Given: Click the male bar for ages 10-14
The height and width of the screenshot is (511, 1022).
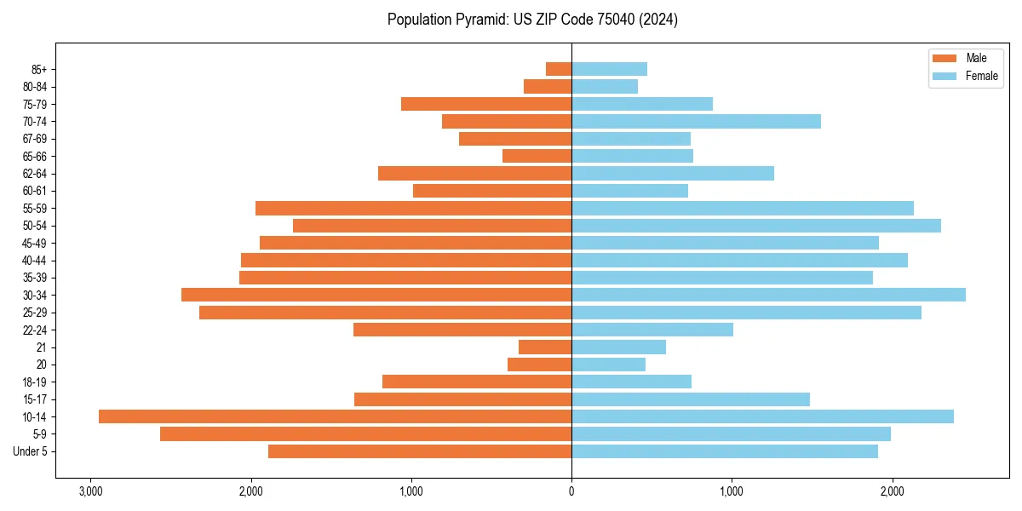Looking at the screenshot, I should point(335,416).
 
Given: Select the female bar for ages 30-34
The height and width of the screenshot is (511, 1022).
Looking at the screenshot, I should point(768,295).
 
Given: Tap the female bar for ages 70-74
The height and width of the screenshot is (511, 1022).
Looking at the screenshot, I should point(696,122).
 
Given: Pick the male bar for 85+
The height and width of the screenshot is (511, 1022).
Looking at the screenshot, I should point(559,69).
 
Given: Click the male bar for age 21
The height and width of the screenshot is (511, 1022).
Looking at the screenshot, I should point(545,347).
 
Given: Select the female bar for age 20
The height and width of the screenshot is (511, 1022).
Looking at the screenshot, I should point(608,365).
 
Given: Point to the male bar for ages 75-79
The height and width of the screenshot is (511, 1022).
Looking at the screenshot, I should point(486,104).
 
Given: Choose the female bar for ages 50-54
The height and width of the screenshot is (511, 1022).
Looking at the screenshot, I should point(756,226).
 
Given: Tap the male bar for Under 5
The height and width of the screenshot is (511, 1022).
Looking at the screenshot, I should point(420,451).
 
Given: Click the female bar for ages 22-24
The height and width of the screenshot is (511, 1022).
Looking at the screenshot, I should point(652,330).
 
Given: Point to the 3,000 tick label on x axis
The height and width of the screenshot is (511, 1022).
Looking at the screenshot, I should point(90,492).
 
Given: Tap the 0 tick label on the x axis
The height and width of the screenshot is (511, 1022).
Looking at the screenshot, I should point(571,492).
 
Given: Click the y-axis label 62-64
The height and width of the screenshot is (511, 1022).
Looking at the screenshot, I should point(34,174).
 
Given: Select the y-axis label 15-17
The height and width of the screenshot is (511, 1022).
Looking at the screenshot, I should point(34,399).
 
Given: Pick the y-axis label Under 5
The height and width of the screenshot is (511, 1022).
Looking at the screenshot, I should point(31,451).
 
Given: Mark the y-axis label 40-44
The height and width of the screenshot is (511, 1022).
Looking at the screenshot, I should point(34,261).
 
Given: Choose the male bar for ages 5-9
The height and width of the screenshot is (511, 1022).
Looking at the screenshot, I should point(365,434).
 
